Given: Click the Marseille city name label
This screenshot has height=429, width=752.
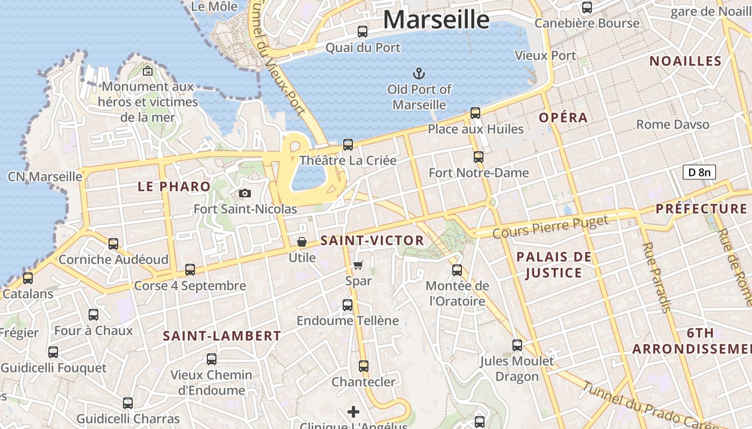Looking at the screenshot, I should (x=436, y=20).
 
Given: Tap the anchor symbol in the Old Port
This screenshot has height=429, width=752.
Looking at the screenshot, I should (x=419, y=72).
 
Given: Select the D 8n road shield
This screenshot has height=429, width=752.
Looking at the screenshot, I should (x=699, y=172).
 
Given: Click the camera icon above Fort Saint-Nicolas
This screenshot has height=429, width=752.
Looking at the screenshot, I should (x=245, y=193).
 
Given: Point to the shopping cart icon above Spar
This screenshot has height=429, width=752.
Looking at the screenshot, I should (x=358, y=265).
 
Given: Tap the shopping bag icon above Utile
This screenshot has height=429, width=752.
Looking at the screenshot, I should (x=302, y=242).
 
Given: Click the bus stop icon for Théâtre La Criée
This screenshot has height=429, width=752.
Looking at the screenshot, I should (x=348, y=144).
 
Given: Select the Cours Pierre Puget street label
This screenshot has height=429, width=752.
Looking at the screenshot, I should (x=551, y=227).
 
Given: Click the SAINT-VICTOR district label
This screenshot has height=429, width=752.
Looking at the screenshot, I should (x=372, y=241).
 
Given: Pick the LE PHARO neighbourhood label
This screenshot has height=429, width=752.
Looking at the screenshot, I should (x=174, y=187).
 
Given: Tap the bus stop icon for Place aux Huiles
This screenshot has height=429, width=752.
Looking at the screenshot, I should (x=475, y=113).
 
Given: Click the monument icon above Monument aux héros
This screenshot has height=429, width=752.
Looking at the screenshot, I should (x=148, y=71).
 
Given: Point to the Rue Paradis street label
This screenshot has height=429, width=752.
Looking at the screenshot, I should (x=656, y=277).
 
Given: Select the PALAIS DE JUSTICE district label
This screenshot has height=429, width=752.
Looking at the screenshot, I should (x=554, y=265).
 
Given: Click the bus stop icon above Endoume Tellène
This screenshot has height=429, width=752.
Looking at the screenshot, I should (x=348, y=305).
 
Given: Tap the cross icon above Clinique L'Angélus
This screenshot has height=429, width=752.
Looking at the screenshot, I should (x=353, y=412).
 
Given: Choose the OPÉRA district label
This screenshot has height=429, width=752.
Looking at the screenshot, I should (x=563, y=117).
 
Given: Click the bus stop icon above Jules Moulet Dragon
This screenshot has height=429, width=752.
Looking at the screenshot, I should (x=517, y=345).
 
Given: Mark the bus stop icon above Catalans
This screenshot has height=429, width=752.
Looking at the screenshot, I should (x=28, y=278).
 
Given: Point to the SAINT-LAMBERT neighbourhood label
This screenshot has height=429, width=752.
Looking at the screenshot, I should (x=222, y=336).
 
